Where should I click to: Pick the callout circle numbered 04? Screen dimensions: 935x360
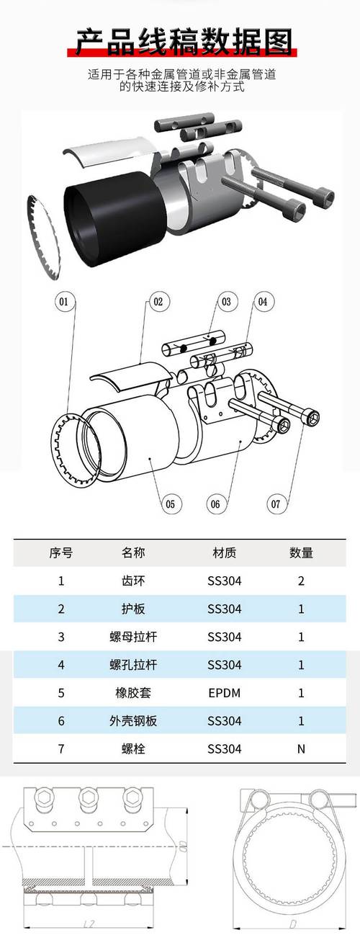point(262,302)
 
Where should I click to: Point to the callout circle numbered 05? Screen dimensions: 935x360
point(169,504)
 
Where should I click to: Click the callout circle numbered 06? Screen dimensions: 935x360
point(215,504)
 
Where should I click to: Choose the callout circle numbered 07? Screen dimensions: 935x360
point(276,504)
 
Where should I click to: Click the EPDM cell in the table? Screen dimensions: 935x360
point(224,692)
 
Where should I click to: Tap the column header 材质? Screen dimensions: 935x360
point(224,552)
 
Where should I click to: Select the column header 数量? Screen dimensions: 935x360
point(301,552)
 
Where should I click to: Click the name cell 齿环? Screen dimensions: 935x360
point(133,581)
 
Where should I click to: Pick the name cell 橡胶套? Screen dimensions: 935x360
point(133,692)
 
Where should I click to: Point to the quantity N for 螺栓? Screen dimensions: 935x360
point(301,748)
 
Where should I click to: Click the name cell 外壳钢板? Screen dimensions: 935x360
point(133,720)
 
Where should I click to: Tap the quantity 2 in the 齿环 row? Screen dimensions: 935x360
point(301,581)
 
